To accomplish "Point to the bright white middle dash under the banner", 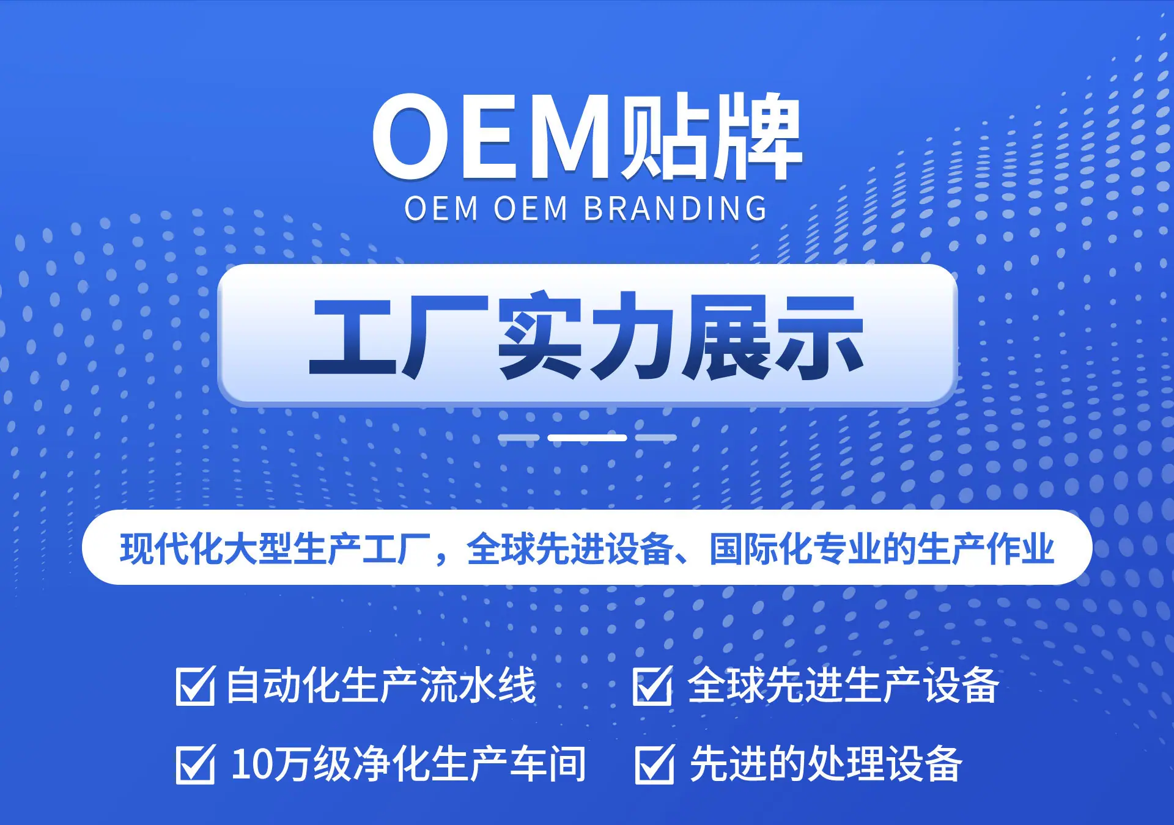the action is tap(587, 438).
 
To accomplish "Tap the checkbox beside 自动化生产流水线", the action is tap(196, 685).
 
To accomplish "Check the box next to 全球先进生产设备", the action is tap(652, 685).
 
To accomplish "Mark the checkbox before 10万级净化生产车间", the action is tap(196, 763).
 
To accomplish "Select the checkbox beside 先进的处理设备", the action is tap(655, 763).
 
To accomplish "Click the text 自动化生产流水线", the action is tap(381, 685).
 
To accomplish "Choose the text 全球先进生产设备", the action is tap(843, 685).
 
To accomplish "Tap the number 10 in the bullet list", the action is tap(249, 764).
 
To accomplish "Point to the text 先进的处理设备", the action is tap(826, 764).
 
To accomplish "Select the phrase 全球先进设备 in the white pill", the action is tap(570, 548).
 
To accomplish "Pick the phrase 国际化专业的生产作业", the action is tap(882, 548).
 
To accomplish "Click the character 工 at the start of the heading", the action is tap(355, 336).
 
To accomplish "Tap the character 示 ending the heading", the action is tap(819, 336).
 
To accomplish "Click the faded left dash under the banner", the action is tap(519, 438).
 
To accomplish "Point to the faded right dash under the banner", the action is tap(655, 438).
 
